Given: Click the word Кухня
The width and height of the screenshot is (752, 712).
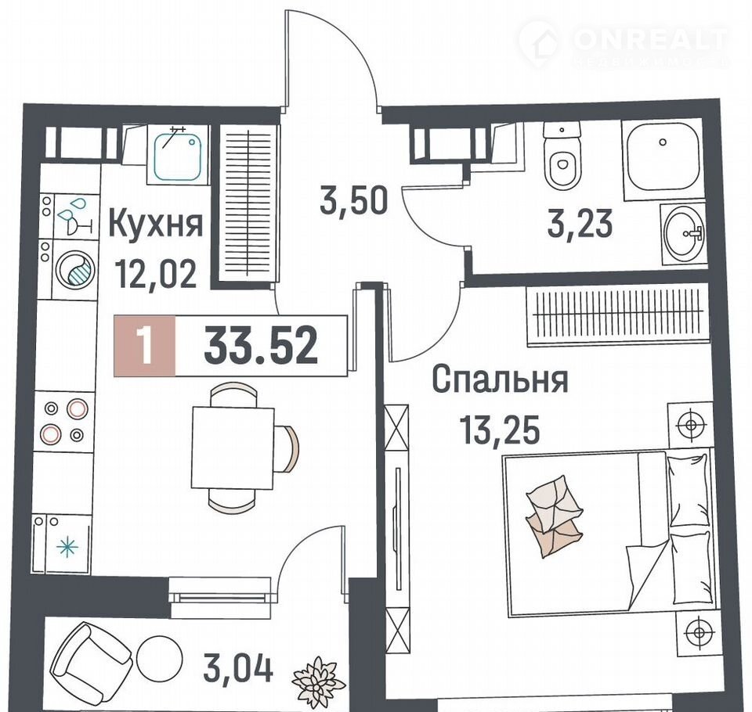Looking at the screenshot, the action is click(156, 225).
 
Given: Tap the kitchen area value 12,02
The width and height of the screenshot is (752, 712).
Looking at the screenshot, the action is click(156, 275).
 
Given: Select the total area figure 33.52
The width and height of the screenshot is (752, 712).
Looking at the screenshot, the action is click(261, 345).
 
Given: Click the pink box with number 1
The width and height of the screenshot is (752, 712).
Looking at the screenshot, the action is click(144, 346).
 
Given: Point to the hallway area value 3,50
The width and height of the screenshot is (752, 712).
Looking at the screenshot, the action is click(353, 202).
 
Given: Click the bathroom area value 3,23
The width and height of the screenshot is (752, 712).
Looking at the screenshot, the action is click(580, 224).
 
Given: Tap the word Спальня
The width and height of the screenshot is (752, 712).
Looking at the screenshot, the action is click(501, 379).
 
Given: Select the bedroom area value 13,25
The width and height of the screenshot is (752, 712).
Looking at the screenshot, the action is click(500, 430).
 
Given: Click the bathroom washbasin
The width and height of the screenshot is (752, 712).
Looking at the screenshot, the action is click(683, 234).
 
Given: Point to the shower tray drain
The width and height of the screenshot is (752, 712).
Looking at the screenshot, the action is click(663, 142).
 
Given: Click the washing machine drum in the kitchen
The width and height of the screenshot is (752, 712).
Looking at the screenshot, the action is click(75, 270).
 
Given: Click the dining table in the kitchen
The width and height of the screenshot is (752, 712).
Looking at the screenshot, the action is click(233, 448).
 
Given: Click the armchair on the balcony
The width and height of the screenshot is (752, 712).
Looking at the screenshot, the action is click(91, 658).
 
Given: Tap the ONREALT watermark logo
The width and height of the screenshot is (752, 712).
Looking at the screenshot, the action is click(624, 44).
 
